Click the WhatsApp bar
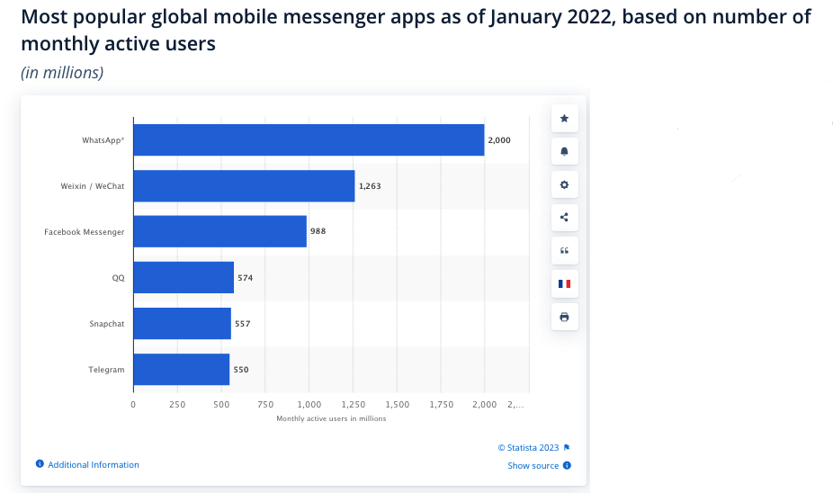[309, 140]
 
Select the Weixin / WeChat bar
[244, 186]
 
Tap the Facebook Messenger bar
[219, 231]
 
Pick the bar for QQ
[184, 278]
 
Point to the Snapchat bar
[182, 324]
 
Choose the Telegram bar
[181, 370]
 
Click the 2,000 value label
[498, 140]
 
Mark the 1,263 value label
[370, 186]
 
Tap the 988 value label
[318, 231]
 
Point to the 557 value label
[242, 324]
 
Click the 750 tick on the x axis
[264, 405]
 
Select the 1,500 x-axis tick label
[397, 405]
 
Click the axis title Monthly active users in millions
[331, 418]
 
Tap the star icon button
[565, 119]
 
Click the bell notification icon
[565, 151]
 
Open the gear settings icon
[565, 184]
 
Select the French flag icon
[565, 283]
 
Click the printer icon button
[565, 317]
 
